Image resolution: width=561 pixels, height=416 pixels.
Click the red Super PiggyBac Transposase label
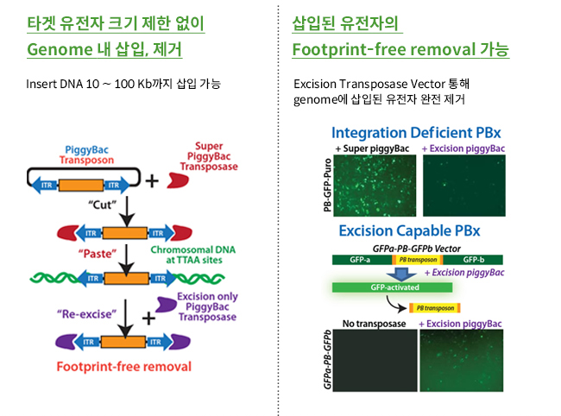point(209,156)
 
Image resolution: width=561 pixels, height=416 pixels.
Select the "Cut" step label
point(103,205)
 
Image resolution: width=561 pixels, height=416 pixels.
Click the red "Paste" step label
point(98,254)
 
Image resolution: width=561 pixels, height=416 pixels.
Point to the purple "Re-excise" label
point(86,314)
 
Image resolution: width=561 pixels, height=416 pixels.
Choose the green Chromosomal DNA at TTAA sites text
point(193,255)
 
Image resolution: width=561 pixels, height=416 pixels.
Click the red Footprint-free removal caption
point(124,367)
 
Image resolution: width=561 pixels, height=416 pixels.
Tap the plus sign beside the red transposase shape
point(152,180)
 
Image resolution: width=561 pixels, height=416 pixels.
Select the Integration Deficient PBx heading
point(416,133)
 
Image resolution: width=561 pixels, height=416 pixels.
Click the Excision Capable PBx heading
point(409,230)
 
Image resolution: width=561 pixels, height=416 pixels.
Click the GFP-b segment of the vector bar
point(473,260)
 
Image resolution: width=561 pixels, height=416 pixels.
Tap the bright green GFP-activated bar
point(392,287)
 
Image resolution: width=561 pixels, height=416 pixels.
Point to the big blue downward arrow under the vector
point(401,274)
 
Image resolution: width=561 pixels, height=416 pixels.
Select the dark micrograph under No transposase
point(375,361)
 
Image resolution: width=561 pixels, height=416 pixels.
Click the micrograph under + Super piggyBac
point(375,186)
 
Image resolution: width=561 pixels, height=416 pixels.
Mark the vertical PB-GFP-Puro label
point(327,186)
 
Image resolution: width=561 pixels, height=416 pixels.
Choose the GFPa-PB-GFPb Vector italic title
point(417,249)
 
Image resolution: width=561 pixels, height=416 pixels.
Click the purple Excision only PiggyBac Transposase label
point(207,307)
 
